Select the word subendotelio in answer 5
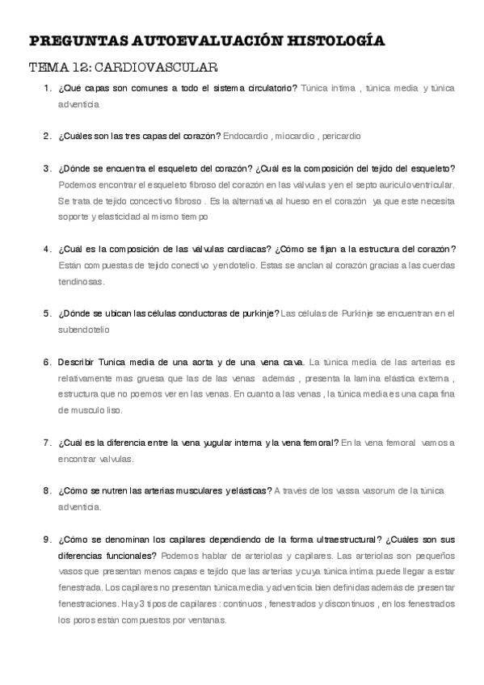coord(85,330)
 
